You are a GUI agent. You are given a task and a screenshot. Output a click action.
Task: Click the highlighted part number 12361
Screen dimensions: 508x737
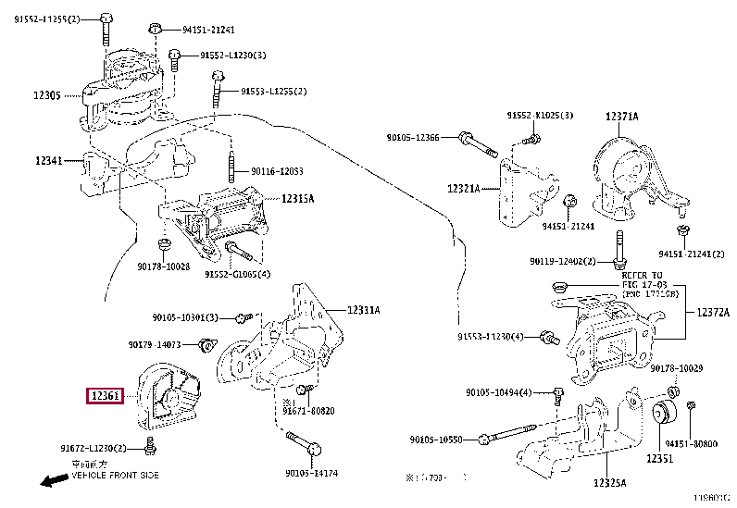[105, 396]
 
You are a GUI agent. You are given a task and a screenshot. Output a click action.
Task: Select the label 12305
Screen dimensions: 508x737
[47, 95]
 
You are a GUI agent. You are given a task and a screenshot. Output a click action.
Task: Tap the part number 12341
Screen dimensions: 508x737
[48, 160]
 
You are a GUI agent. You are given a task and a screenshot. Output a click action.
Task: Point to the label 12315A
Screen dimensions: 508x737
[298, 198]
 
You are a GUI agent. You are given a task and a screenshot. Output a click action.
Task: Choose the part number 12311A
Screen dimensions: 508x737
[364, 310]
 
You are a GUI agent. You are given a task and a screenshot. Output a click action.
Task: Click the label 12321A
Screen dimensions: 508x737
[464, 188]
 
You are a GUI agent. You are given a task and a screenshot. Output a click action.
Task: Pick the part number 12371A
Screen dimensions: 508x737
[622, 117]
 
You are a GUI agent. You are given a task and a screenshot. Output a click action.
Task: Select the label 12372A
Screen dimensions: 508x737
[713, 313]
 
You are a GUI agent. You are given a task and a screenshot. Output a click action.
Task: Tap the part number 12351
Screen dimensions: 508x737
[659, 459]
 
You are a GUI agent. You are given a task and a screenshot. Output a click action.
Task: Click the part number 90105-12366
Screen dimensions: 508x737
[413, 138]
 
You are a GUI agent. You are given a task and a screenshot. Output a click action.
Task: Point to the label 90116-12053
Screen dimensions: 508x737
[278, 172]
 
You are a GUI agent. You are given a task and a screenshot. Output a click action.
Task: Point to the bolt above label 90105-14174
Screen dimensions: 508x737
[313, 451]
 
